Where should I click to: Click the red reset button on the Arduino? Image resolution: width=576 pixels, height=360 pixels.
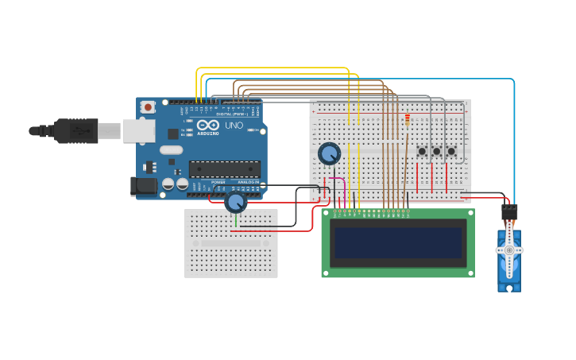(x=148, y=106)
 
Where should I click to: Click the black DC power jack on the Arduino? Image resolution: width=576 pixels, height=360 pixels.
(x=143, y=186)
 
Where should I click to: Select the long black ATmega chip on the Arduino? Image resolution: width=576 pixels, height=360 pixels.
(x=224, y=168)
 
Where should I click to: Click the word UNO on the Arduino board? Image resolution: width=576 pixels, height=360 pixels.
(x=234, y=126)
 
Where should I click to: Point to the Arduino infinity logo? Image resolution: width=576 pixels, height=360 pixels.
(x=208, y=126)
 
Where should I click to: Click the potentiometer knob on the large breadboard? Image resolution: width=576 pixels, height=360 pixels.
(x=329, y=153)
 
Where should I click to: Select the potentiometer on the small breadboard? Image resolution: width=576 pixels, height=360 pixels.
(x=235, y=202)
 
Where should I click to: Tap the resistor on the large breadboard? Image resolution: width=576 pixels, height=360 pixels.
(x=408, y=120)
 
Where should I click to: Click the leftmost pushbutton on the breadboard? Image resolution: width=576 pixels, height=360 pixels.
(x=422, y=151)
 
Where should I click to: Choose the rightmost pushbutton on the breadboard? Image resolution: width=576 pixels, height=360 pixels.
(x=451, y=151)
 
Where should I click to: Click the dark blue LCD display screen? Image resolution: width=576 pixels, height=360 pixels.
(x=398, y=243)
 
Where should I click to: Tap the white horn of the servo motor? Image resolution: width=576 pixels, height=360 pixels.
(x=509, y=250)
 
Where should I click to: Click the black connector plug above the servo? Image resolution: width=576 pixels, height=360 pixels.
(x=509, y=212)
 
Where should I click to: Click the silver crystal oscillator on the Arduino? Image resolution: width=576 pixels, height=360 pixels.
(x=171, y=149)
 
